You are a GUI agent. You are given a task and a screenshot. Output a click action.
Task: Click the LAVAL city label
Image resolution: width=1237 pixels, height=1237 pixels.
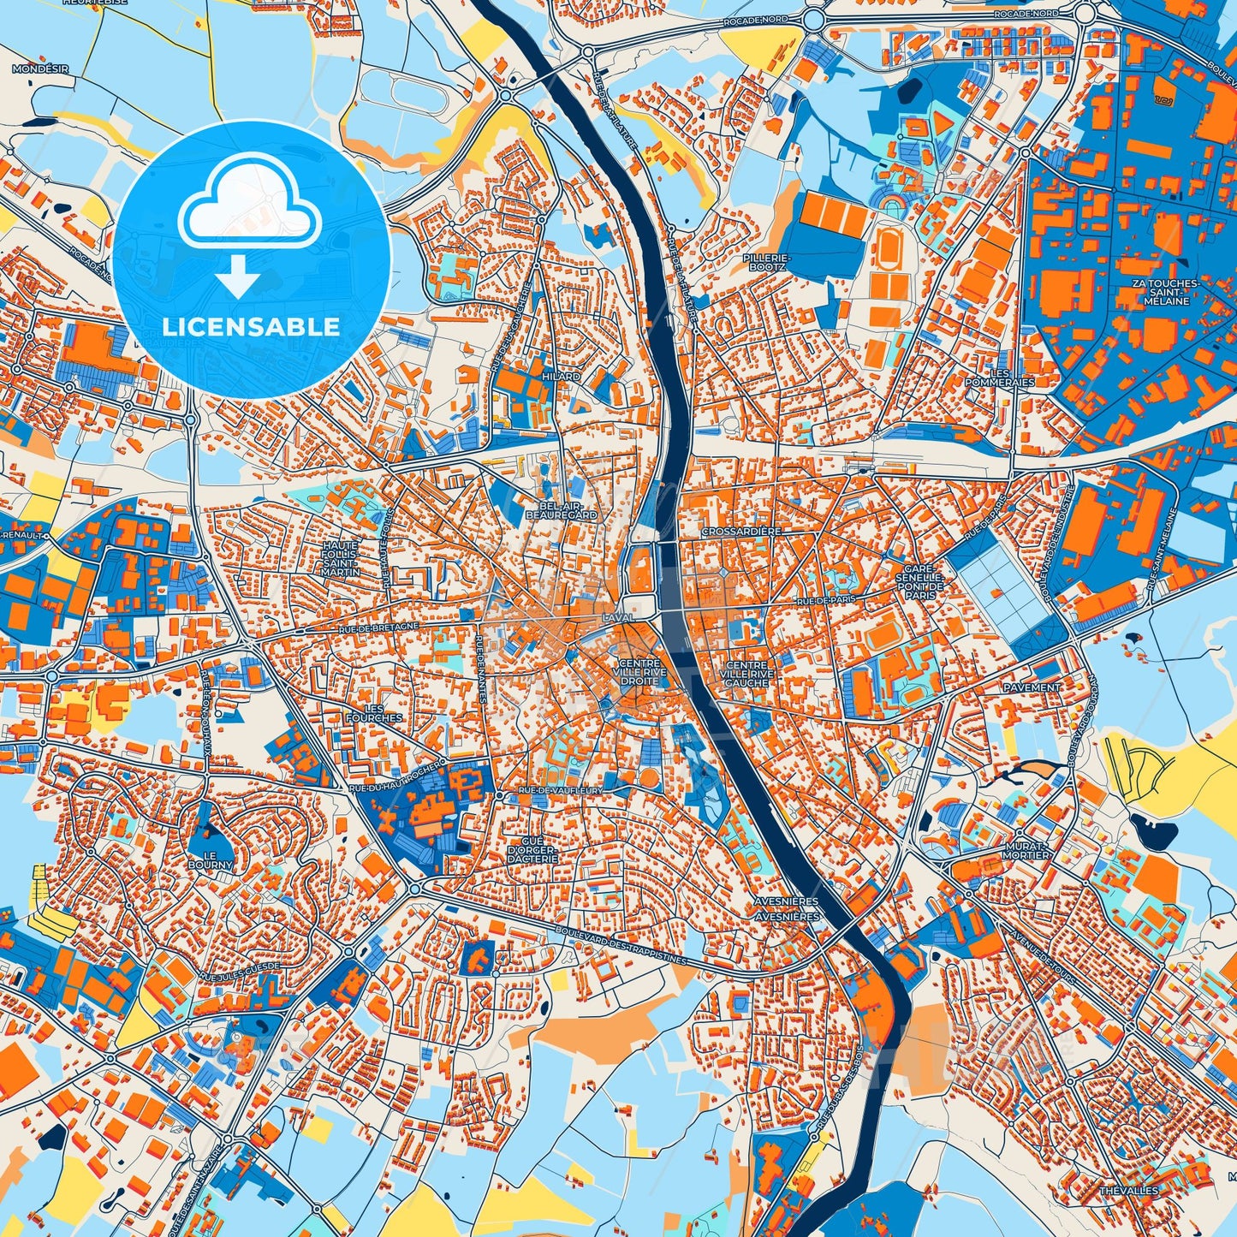(617, 617)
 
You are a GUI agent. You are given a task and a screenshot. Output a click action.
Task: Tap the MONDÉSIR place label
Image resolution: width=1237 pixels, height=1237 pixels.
(40, 68)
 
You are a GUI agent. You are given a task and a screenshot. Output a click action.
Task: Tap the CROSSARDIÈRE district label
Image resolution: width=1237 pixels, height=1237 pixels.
(740, 531)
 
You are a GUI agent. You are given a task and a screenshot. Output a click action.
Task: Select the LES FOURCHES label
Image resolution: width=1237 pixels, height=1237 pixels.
(372, 713)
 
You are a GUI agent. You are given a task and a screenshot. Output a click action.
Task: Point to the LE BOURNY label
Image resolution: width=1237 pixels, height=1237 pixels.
(211, 860)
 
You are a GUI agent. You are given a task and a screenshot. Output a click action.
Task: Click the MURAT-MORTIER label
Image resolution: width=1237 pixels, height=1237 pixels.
(1026, 850)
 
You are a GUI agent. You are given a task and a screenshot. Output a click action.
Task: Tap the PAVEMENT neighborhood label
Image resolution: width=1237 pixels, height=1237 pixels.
(1033, 687)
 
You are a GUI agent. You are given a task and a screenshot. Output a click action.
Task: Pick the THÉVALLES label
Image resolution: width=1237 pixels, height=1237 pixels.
(1128, 1191)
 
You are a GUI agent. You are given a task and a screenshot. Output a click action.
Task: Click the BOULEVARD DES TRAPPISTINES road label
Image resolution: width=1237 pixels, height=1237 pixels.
(621, 947)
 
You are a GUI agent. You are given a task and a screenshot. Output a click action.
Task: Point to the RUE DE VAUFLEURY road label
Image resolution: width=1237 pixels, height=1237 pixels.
(561, 789)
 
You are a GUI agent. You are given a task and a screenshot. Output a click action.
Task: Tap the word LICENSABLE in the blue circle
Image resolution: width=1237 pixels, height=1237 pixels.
(252, 326)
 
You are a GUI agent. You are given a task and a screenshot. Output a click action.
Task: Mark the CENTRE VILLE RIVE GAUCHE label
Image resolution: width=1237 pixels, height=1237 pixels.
(748, 674)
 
